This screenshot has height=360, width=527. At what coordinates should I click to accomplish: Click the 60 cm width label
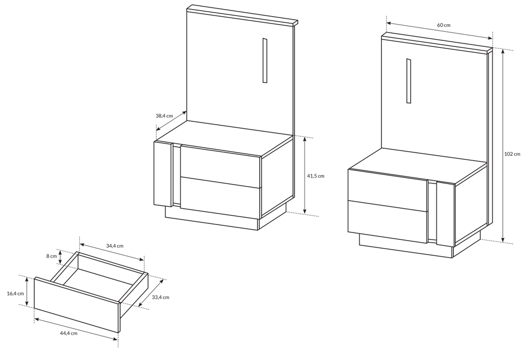[x=444, y=25]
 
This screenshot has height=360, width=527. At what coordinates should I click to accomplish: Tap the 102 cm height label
[x=512, y=154]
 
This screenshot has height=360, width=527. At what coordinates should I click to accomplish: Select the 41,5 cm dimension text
[x=316, y=176]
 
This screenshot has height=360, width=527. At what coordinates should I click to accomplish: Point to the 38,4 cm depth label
[x=164, y=115]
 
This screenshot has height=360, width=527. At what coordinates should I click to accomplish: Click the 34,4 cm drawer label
[x=114, y=246]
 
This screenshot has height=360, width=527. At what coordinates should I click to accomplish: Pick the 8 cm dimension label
[x=51, y=256]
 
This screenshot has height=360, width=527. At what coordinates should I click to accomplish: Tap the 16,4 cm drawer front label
[x=16, y=293]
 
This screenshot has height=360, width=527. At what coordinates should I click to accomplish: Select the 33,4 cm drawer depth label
[x=160, y=297]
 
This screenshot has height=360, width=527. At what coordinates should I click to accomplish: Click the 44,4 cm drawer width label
[x=69, y=333]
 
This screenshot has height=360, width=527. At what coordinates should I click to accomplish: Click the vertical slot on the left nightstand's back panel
[x=265, y=61]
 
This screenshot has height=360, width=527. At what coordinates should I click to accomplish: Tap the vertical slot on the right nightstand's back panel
[x=408, y=81]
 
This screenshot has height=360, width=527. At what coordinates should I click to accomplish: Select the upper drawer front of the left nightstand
[x=221, y=166]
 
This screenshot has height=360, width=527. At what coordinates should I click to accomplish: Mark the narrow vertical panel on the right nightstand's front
[x=446, y=214]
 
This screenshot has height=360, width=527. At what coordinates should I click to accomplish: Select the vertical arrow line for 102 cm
[x=503, y=146]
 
